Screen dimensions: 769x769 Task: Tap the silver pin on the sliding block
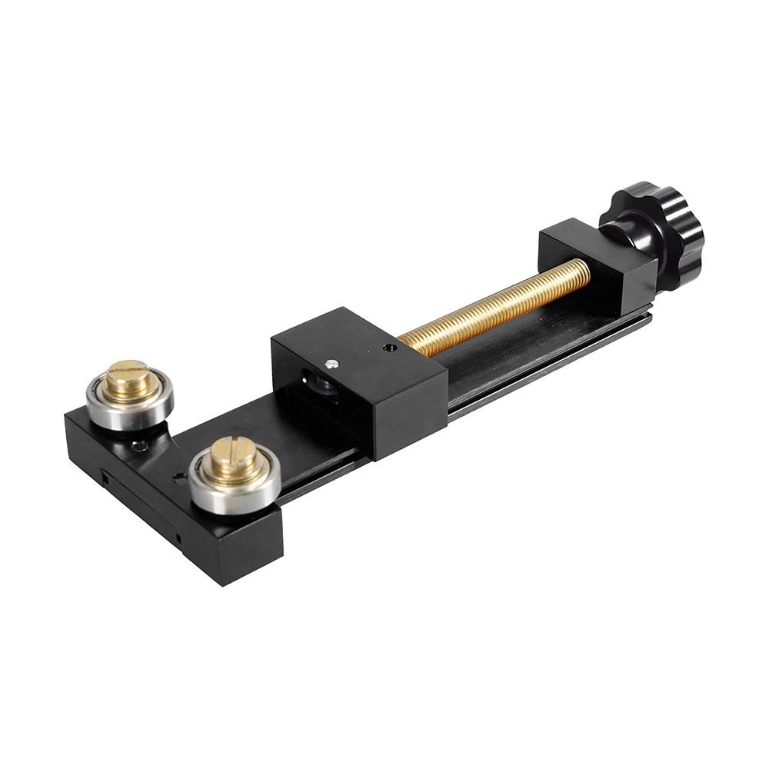(331, 364)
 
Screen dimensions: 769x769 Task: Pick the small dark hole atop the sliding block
(390, 348)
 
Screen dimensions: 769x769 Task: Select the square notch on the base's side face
(103, 478)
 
